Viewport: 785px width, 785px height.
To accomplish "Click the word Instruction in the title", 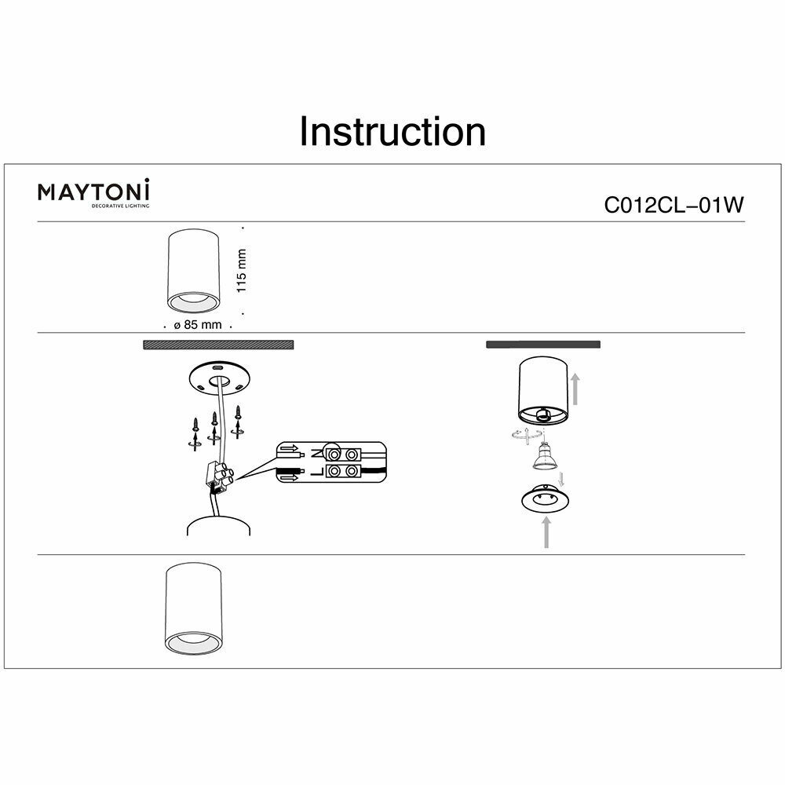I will (392, 132).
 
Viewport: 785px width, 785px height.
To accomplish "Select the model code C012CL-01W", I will (673, 205).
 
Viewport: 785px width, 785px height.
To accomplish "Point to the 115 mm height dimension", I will (242, 271).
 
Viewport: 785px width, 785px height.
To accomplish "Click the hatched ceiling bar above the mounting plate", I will (217, 345).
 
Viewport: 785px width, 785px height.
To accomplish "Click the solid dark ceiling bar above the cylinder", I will (543, 345).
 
